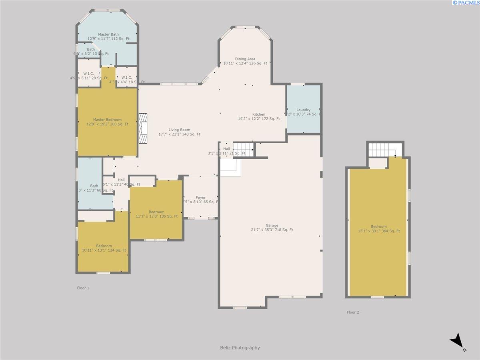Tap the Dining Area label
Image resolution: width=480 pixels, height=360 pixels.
[245, 59]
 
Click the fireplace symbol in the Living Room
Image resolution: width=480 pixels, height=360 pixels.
[143, 128]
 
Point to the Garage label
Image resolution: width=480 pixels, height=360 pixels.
[272, 225]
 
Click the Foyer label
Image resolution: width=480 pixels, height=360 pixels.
[200, 198]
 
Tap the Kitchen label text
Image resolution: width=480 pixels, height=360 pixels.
[259, 114]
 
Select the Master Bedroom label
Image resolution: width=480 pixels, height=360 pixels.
[107, 120]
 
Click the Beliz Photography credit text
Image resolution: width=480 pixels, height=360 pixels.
[240, 348]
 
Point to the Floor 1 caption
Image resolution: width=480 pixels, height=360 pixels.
[83, 288]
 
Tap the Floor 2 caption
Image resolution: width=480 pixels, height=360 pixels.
[352, 312]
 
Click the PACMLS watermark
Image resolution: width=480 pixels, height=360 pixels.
[466, 3]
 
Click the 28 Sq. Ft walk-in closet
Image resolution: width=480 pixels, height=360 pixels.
[88, 74]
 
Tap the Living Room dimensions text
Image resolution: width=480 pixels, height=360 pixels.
[179, 134]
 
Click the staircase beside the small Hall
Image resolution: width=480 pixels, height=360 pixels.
[243, 148]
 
